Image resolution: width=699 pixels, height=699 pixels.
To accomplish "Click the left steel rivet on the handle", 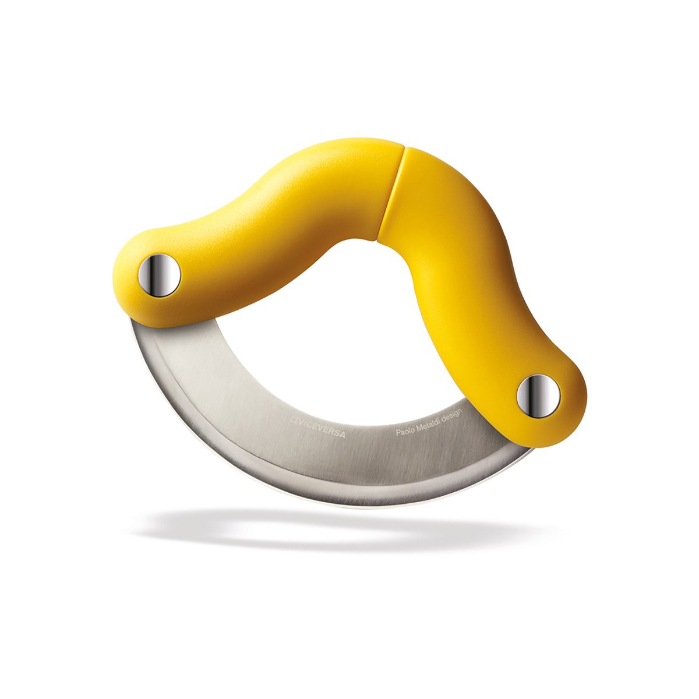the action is click(159, 275).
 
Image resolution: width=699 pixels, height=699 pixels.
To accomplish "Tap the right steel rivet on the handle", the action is click(538, 396).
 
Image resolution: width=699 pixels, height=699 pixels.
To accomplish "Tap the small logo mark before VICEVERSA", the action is click(293, 419).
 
